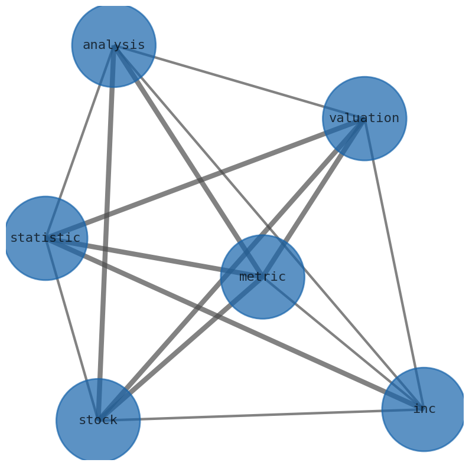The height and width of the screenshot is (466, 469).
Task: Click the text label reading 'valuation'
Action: [364, 119]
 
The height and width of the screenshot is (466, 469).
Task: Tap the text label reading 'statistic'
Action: [45, 238]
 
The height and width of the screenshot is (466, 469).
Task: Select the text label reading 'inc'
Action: [424, 409]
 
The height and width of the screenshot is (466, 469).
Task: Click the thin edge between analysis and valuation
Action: [239, 81]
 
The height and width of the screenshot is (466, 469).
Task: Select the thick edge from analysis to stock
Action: [106, 233]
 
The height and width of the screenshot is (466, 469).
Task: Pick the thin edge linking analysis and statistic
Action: [80, 142]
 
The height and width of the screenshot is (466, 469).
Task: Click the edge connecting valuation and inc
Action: [394, 263]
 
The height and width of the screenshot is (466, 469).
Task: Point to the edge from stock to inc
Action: [260, 415]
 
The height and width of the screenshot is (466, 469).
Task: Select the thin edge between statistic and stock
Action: [72, 329]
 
